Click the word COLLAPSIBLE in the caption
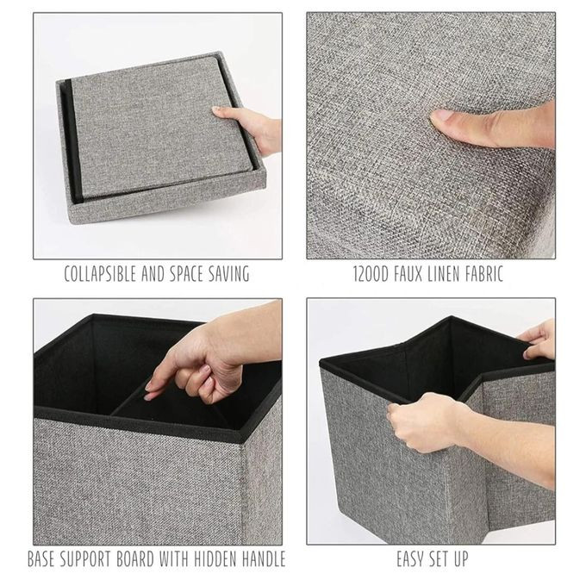(x=100, y=274)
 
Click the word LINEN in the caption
(x=444, y=274)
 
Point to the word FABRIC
(x=484, y=274)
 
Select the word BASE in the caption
(x=41, y=559)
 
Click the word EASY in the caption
(x=409, y=559)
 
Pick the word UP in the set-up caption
(x=461, y=559)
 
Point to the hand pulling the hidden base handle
(x=209, y=358)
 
